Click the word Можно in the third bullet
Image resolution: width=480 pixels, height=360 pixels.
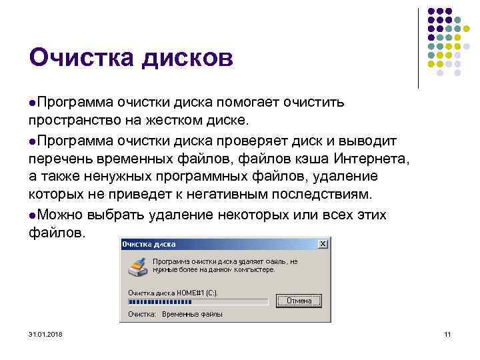(x=61, y=215)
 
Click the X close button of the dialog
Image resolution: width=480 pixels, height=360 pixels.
(x=323, y=244)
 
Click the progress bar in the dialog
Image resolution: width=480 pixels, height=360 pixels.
(x=197, y=301)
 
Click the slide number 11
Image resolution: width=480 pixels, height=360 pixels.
(x=447, y=333)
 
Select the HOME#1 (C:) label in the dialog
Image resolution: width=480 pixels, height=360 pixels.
(x=197, y=292)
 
